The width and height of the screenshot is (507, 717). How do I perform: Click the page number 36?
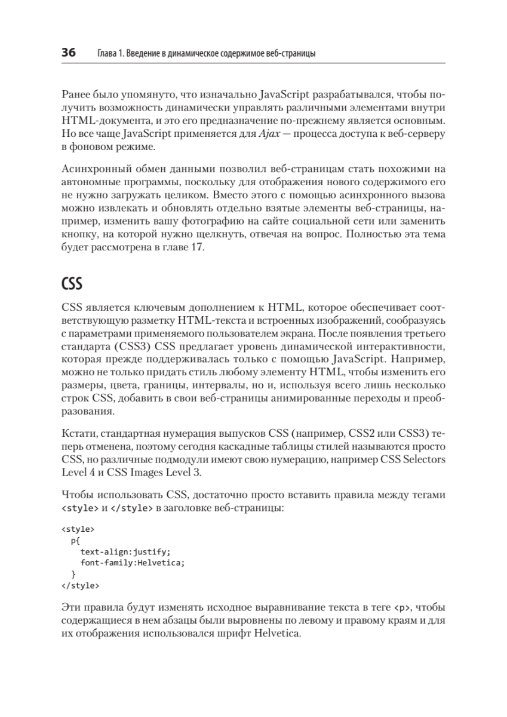click(x=68, y=53)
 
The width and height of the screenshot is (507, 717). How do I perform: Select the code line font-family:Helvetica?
click(x=133, y=563)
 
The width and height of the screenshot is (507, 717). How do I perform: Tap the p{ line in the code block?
click(x=75, y=540)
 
